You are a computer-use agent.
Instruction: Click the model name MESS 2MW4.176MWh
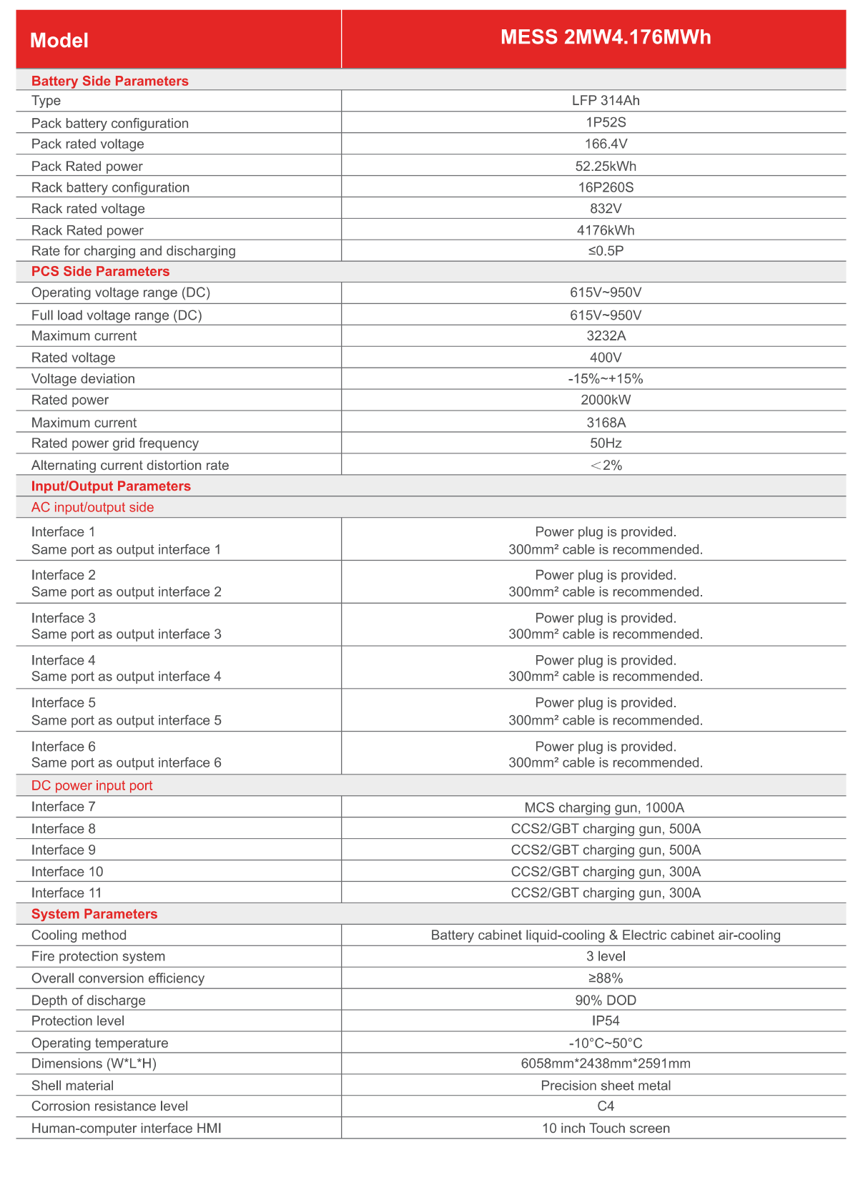[x=606, y=37]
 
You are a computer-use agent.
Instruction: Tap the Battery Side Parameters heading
[x=109, y=81]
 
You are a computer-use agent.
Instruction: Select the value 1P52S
[x=606, y=122]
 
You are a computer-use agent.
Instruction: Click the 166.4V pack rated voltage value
[x=606, y=144]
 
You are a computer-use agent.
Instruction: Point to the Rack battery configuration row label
[x=110, y=187]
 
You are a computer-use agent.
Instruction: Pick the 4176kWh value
[x=606, y=230]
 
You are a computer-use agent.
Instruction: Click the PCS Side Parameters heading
[x=100, y=271]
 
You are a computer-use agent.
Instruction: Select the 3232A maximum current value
[x=606, y=335]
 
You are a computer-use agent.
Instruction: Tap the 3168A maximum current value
[x=606, y=423]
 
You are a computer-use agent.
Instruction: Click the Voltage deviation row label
[x=83, y=378]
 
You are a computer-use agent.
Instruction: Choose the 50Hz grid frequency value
[x=606, y=443]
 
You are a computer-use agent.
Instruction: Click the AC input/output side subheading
[x=92, y=507]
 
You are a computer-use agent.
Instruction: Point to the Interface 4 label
[x=63, y=660]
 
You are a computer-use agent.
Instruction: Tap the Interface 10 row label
[x=67, y=871]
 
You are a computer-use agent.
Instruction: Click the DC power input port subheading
[x=92, y=785]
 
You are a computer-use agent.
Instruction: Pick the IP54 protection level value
[x=606, y=1021]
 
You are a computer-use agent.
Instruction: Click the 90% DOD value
[x=606, y=1000]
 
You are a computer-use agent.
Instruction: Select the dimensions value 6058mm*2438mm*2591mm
[x=606, y=1063]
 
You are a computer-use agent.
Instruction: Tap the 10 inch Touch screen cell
[x=606, y=1128]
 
